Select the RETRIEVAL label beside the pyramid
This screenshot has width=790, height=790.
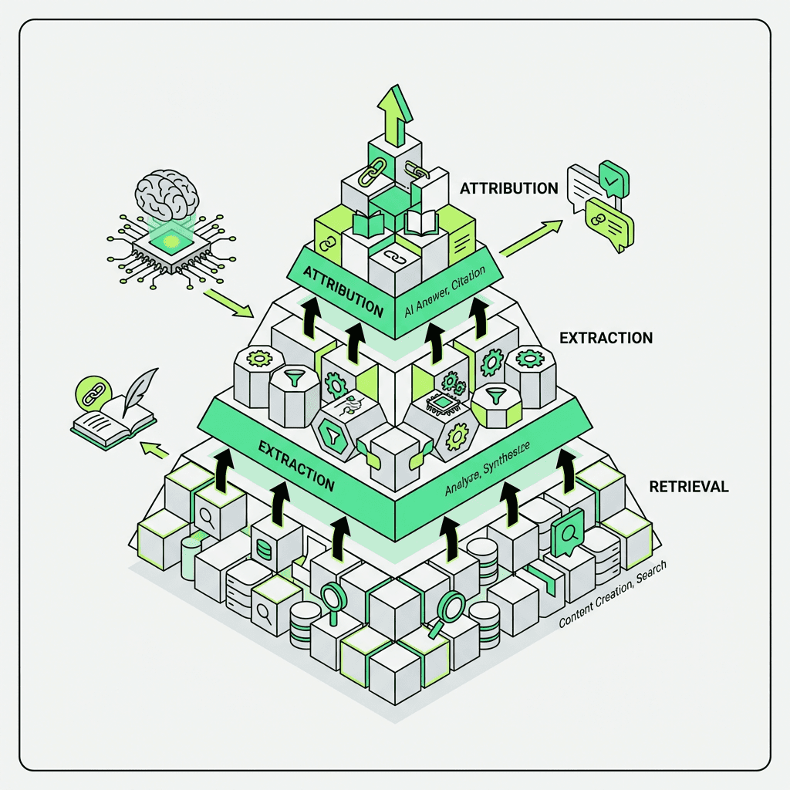(x=689, y=487)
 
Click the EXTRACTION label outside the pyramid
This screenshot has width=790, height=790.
(x=606, y=338)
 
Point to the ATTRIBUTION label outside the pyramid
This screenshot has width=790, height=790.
(x=508, y=188)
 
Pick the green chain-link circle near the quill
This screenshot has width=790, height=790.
(x=89, y=393)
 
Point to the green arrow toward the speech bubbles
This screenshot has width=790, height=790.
(x=532, y=237)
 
